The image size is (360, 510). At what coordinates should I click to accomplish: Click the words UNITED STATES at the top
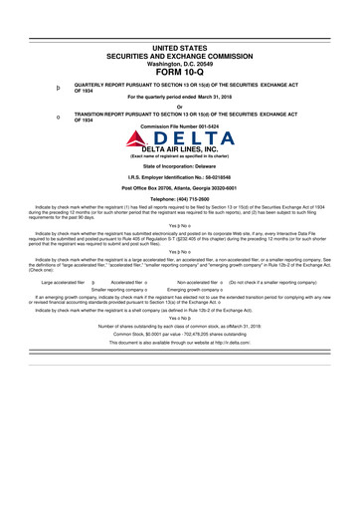180,47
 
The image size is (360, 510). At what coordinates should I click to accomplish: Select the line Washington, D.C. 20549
180,62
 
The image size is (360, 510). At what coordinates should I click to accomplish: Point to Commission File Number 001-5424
180,127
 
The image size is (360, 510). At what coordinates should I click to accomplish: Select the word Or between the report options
180,107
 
